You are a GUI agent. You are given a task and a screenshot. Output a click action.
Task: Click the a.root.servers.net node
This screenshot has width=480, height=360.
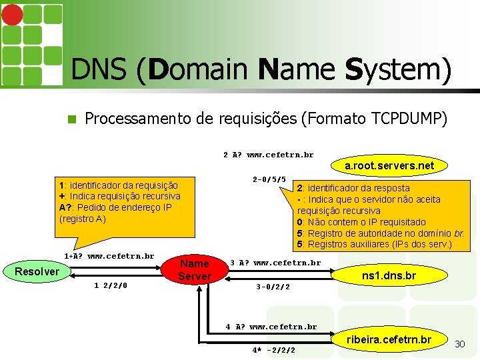point(389,165)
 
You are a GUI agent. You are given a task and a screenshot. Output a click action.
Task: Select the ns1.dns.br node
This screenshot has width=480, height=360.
point(389,275)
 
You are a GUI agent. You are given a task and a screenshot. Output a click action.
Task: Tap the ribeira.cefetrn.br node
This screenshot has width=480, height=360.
point(389,341)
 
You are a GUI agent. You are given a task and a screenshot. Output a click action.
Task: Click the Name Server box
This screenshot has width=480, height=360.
point(194,270)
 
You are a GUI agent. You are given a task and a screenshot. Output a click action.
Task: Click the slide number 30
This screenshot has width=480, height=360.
point(459,343)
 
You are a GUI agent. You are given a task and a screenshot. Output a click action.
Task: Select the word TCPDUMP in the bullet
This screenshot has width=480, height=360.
point(406,119)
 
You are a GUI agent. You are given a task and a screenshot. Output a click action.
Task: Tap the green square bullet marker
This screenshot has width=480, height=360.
point(73,119)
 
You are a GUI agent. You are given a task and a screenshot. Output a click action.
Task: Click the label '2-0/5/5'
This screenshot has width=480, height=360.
point(269,179)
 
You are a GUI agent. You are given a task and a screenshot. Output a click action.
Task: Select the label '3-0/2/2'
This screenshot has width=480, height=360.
point(273,287)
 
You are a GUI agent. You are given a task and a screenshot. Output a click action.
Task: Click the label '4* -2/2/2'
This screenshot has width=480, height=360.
point(273,350)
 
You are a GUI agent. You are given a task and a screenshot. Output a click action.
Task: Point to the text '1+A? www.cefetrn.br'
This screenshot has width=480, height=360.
point(109,255)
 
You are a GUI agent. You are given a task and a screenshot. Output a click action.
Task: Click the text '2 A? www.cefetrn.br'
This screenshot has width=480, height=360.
point(268,155)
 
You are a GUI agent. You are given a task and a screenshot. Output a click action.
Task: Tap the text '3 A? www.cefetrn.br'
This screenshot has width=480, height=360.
point(275,263)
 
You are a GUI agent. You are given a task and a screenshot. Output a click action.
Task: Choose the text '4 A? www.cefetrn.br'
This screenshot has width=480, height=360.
point(271,327)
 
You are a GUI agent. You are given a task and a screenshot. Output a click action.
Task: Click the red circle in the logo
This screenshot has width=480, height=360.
point(13,15)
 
